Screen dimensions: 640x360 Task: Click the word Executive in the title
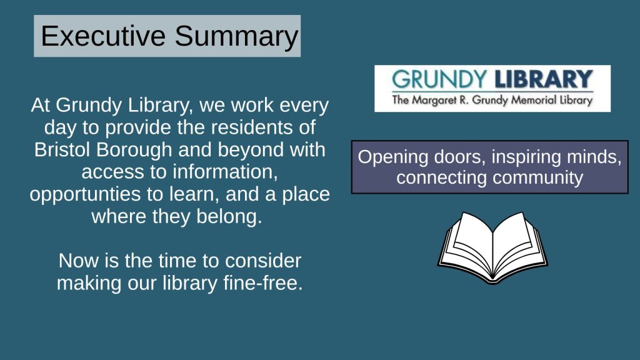click(103, 36)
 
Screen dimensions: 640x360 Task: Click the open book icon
click(492, 247)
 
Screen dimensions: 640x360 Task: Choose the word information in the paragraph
click(225, 172)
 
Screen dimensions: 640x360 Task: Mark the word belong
click(229, 216)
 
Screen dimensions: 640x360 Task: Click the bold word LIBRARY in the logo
click(543, 79)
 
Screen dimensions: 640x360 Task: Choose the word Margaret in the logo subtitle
click(434, 101)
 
